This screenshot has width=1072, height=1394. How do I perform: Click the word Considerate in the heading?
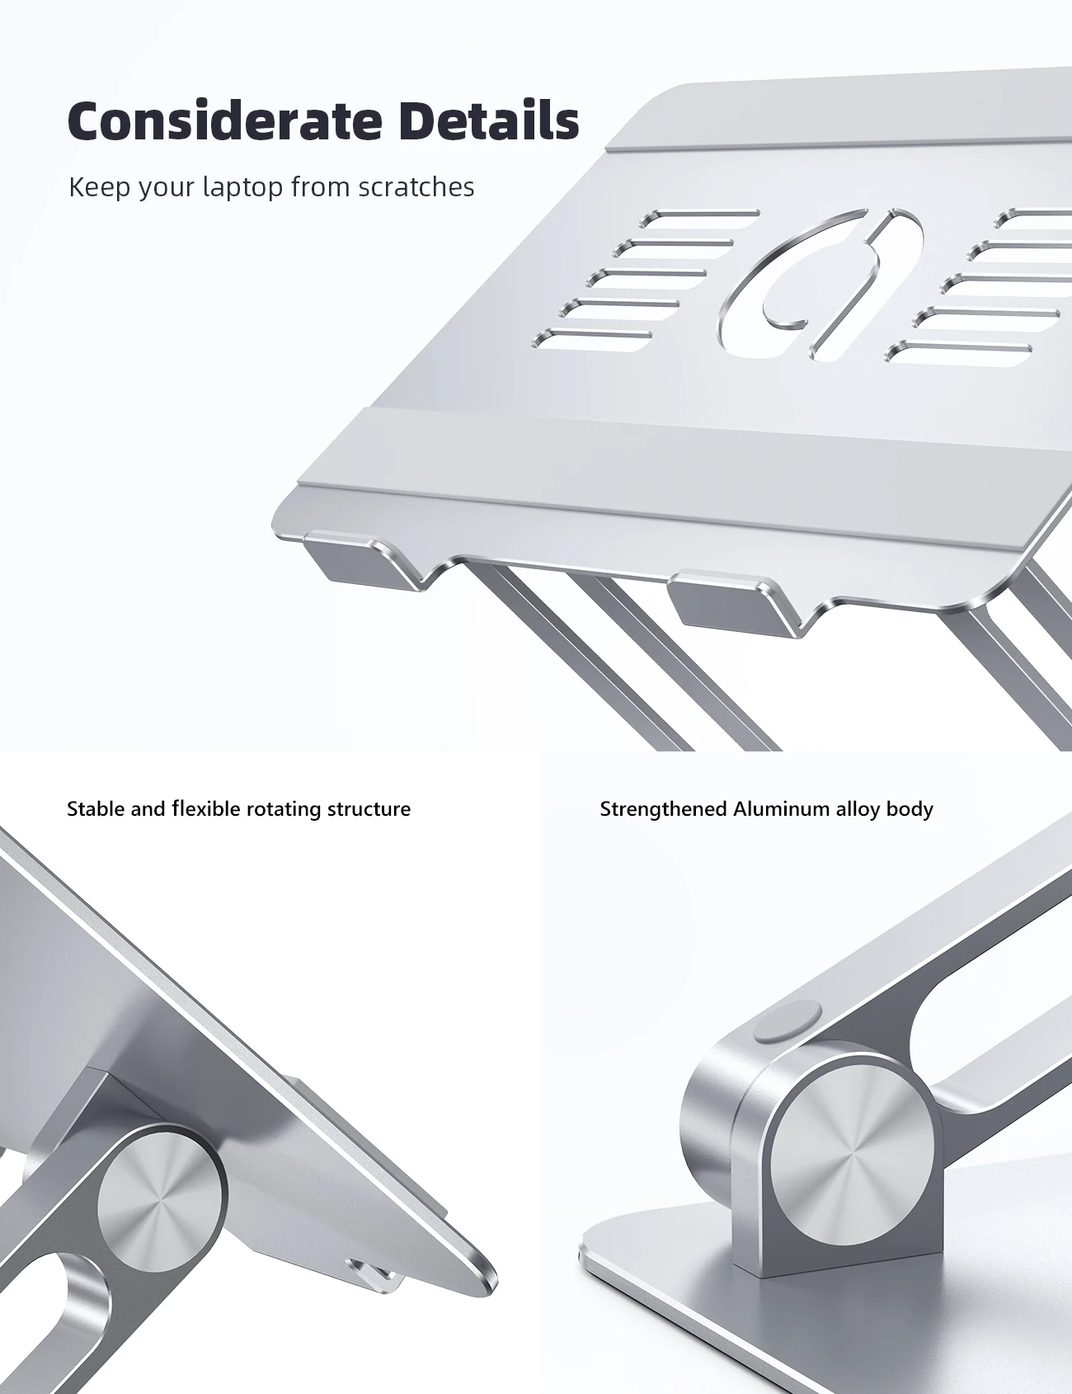[225, 121]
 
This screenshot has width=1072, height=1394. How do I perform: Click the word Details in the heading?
[489, 121]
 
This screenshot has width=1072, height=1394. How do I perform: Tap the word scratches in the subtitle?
[416, 187]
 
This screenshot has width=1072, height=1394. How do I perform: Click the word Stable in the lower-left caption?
[96, 808]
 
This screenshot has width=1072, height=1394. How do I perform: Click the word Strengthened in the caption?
[664, 809]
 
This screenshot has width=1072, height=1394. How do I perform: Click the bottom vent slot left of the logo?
[593, 339]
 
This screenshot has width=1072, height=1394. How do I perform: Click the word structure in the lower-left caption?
[369, 809]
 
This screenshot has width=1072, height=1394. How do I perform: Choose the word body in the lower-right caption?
[910, 809]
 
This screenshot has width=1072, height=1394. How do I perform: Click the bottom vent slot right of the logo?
[958, 352]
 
